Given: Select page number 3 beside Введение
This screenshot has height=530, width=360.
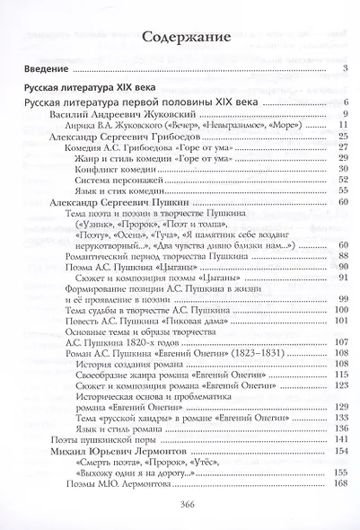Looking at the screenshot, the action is click(345, 68).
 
